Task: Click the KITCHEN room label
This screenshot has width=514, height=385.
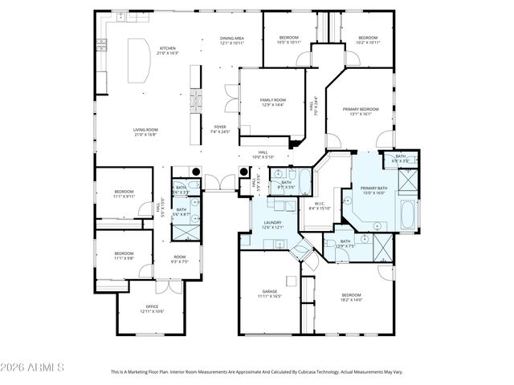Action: tap(168, 48)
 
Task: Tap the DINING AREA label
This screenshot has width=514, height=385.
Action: tap(232, 38)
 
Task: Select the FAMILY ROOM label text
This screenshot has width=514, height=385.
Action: tap(271, 100)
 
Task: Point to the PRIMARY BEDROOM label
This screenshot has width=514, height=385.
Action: tap(360, 109)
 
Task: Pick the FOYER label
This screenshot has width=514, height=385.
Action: tap(219, 127)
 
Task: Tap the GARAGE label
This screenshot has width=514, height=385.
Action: tap(269, 291)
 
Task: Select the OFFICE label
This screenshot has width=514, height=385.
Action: tap(151, 307)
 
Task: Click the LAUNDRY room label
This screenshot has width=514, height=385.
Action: tap(272, 224)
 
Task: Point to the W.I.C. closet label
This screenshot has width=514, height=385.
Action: tap(319, 204)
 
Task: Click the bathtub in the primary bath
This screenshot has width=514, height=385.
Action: tap(407, 215)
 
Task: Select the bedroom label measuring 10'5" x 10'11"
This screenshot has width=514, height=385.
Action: tap(288, 38)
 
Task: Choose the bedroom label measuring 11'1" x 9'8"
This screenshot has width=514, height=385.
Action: tap(123, 254)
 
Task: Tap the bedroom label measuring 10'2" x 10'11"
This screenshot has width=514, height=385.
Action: tap(368, 38)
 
